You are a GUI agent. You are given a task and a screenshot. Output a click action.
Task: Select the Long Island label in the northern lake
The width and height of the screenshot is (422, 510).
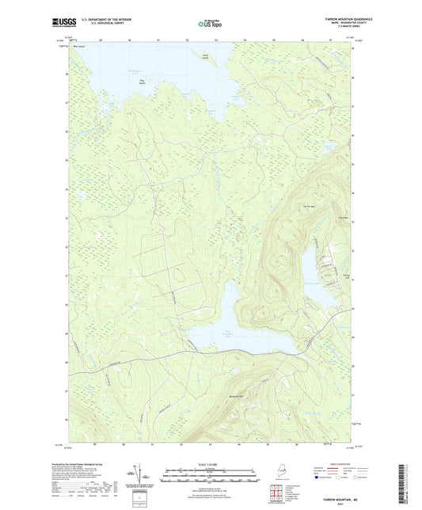point(207,55)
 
